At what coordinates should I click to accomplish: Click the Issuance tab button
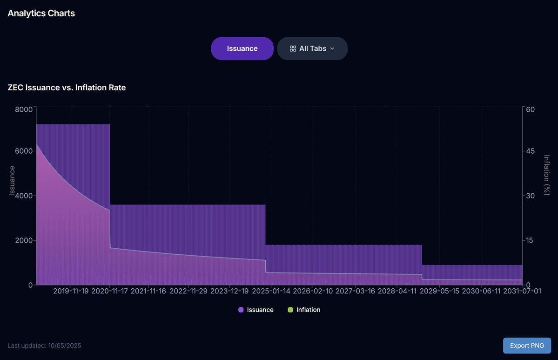pyautogui.click(x=242, y=48)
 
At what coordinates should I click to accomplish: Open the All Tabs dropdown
pyautogui.click(x=312, y=48)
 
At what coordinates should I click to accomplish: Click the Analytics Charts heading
pyautogui.click(x=41, y=13)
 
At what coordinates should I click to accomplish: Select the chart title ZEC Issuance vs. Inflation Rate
pyautogui.click(x=67, y=88)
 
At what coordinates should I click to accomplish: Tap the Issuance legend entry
pyautogui.click(x=256, y=310)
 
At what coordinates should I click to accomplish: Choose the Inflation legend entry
pyautogui.click(x=304, y=310)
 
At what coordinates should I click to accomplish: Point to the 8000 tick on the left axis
pyautogui.click(x=24, y=109)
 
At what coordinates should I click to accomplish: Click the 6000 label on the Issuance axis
pyautogui.click(x=24, y=151)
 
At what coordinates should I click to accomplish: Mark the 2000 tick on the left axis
pyautogui.click(x=24, y=240)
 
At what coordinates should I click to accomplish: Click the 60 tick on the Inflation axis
pyautogui.click(x=530, y=109)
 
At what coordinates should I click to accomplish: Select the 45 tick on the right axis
pyautogui.click(x=530, y=151)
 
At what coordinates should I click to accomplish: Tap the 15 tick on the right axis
pyautogui.click(x=530, y=240)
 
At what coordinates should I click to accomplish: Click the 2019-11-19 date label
pyautogui.click(x=71, y=291)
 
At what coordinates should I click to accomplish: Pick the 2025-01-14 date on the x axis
pyautogui.click(x=271, y=291)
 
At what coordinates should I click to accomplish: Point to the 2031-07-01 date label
pyautogui.click(x=522, y=291)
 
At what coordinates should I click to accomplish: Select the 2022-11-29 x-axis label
pyautogui.click(x=188, y=291)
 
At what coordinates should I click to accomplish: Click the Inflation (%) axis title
pyautogui.click(x=547, y=175)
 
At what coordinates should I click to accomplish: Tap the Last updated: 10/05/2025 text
pyautogui.click(x=44, y=346)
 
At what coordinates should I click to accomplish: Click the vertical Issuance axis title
pyautogui.click(x=12, y=181)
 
